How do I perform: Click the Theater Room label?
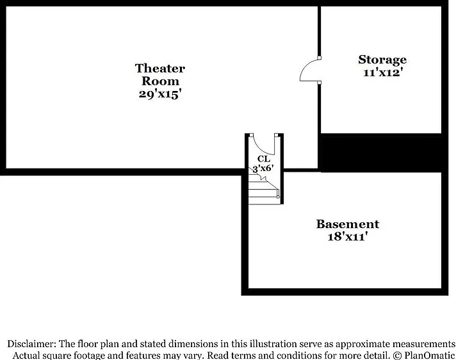tap(160, 75)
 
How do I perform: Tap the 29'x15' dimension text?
tap(160, 94)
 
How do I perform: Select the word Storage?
tap(382, 60)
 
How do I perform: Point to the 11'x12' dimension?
tap(382, 72)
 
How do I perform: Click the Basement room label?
tap(348, 224)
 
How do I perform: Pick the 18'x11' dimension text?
tap(346, 237)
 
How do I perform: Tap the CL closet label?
tap(264, 159)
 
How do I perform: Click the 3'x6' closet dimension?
tap(263, 168)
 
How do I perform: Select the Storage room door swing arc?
tap(305, 65)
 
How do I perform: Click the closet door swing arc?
tap(259, 149)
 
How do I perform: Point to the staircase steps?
tap(264, 189)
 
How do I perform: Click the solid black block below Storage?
tap(381, 152)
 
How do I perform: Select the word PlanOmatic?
tap(429, 355)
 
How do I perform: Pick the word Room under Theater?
tap(160, 81)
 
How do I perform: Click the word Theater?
tap(160, 69)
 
